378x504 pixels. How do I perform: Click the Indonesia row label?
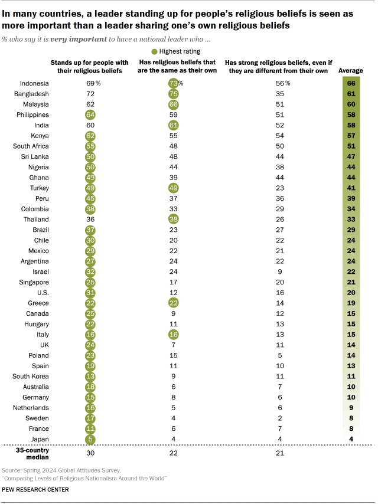click(x=34, y=83)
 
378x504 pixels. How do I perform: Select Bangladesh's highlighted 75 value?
click(x=173, y=94)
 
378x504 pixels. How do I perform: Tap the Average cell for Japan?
click(x=351, y=438)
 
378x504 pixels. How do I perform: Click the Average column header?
click(x=351, y=71)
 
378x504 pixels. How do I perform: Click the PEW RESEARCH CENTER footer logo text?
click(x=35, y=489)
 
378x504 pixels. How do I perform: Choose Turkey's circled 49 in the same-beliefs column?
click(x=173, y=188)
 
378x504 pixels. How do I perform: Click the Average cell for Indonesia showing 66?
click(x=351, y=83)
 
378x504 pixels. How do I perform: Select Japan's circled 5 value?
click(x=90, y=438)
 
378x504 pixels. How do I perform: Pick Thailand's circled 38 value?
click(x=173, y=219)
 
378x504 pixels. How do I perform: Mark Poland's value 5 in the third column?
click(x=279, y=355)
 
